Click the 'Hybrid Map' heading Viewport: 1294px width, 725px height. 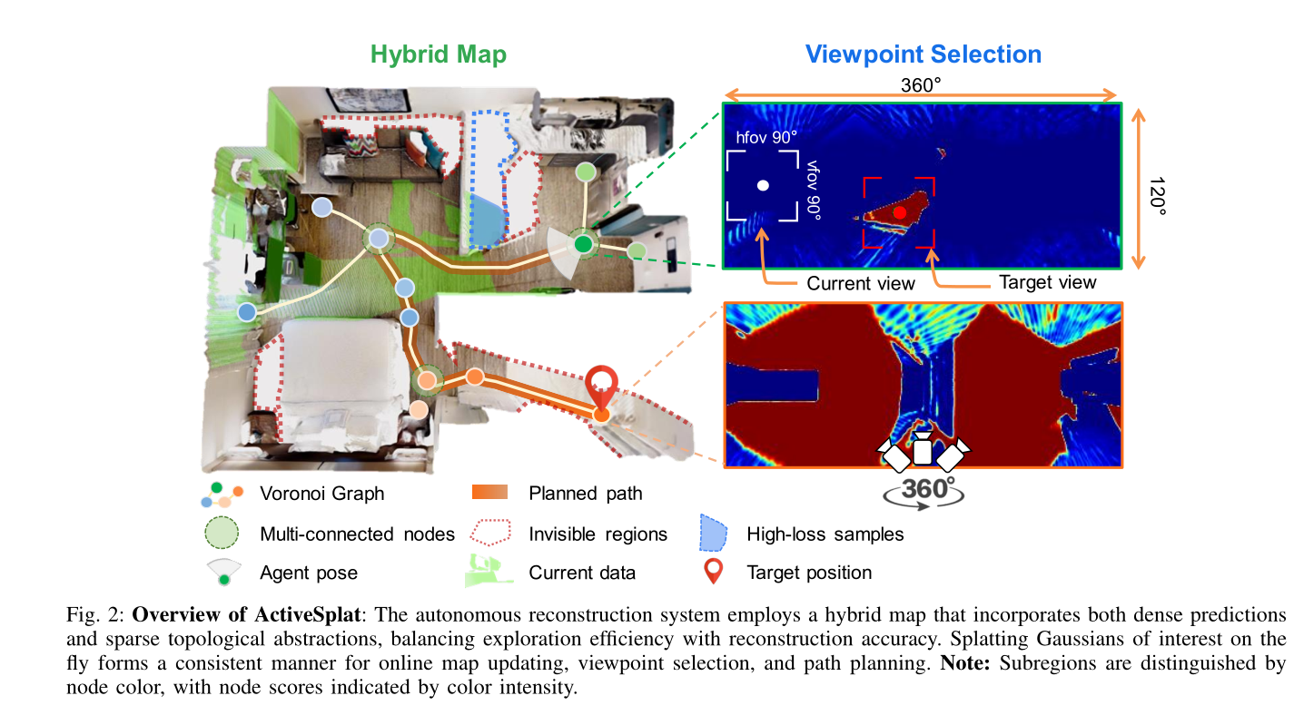[x=438, y=54]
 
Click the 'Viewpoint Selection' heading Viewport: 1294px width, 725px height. [x=923, y=54]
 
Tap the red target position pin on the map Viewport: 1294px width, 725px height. [x=600, y=385]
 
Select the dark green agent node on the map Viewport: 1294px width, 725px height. [x=583, y=244]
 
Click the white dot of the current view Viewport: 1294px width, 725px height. [x=764, y=186]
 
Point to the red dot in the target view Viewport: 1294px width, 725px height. [x=899, y=212]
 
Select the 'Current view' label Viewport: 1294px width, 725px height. [x=861, y=283]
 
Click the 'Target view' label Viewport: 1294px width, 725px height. [x=1047, y=282]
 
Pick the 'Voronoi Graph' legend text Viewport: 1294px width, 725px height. [x=321, y=494]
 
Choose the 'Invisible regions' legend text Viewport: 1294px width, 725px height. [x=598, y=534]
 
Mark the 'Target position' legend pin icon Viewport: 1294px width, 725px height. [x=714, y=571]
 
